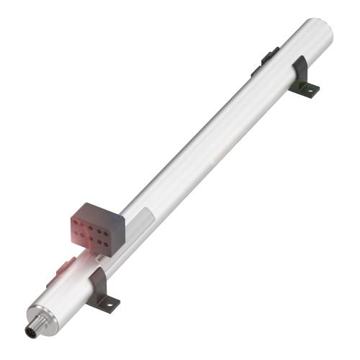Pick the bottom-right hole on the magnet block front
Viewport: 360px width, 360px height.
pyautogui.click(x=105, y=243)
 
